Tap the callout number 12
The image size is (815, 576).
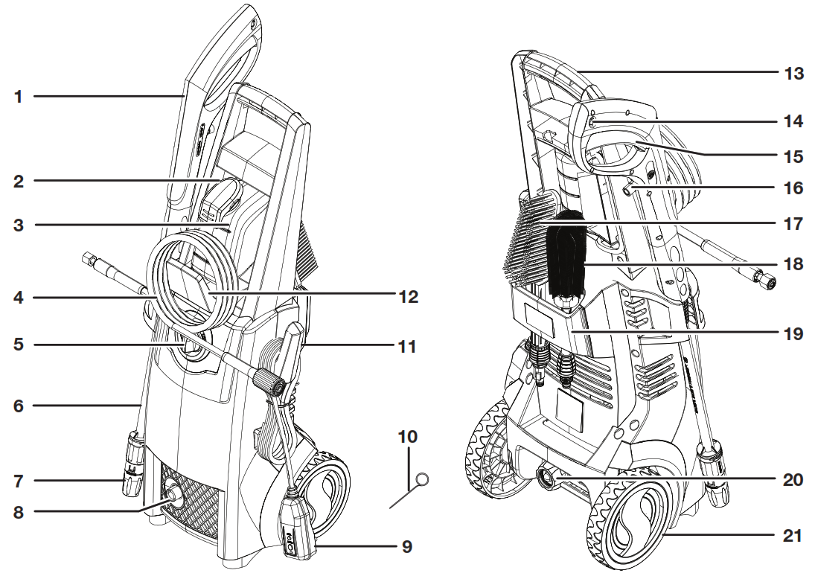pos(409,297)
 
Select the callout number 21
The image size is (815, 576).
pos(793,534)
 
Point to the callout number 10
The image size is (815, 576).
pos(409,436)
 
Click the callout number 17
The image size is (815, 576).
pos(793,223)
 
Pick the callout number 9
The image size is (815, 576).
pos(407,546)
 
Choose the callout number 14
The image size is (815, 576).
pos(793,121)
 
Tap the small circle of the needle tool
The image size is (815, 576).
pos(422,480)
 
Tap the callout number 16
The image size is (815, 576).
pos(793,188)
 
